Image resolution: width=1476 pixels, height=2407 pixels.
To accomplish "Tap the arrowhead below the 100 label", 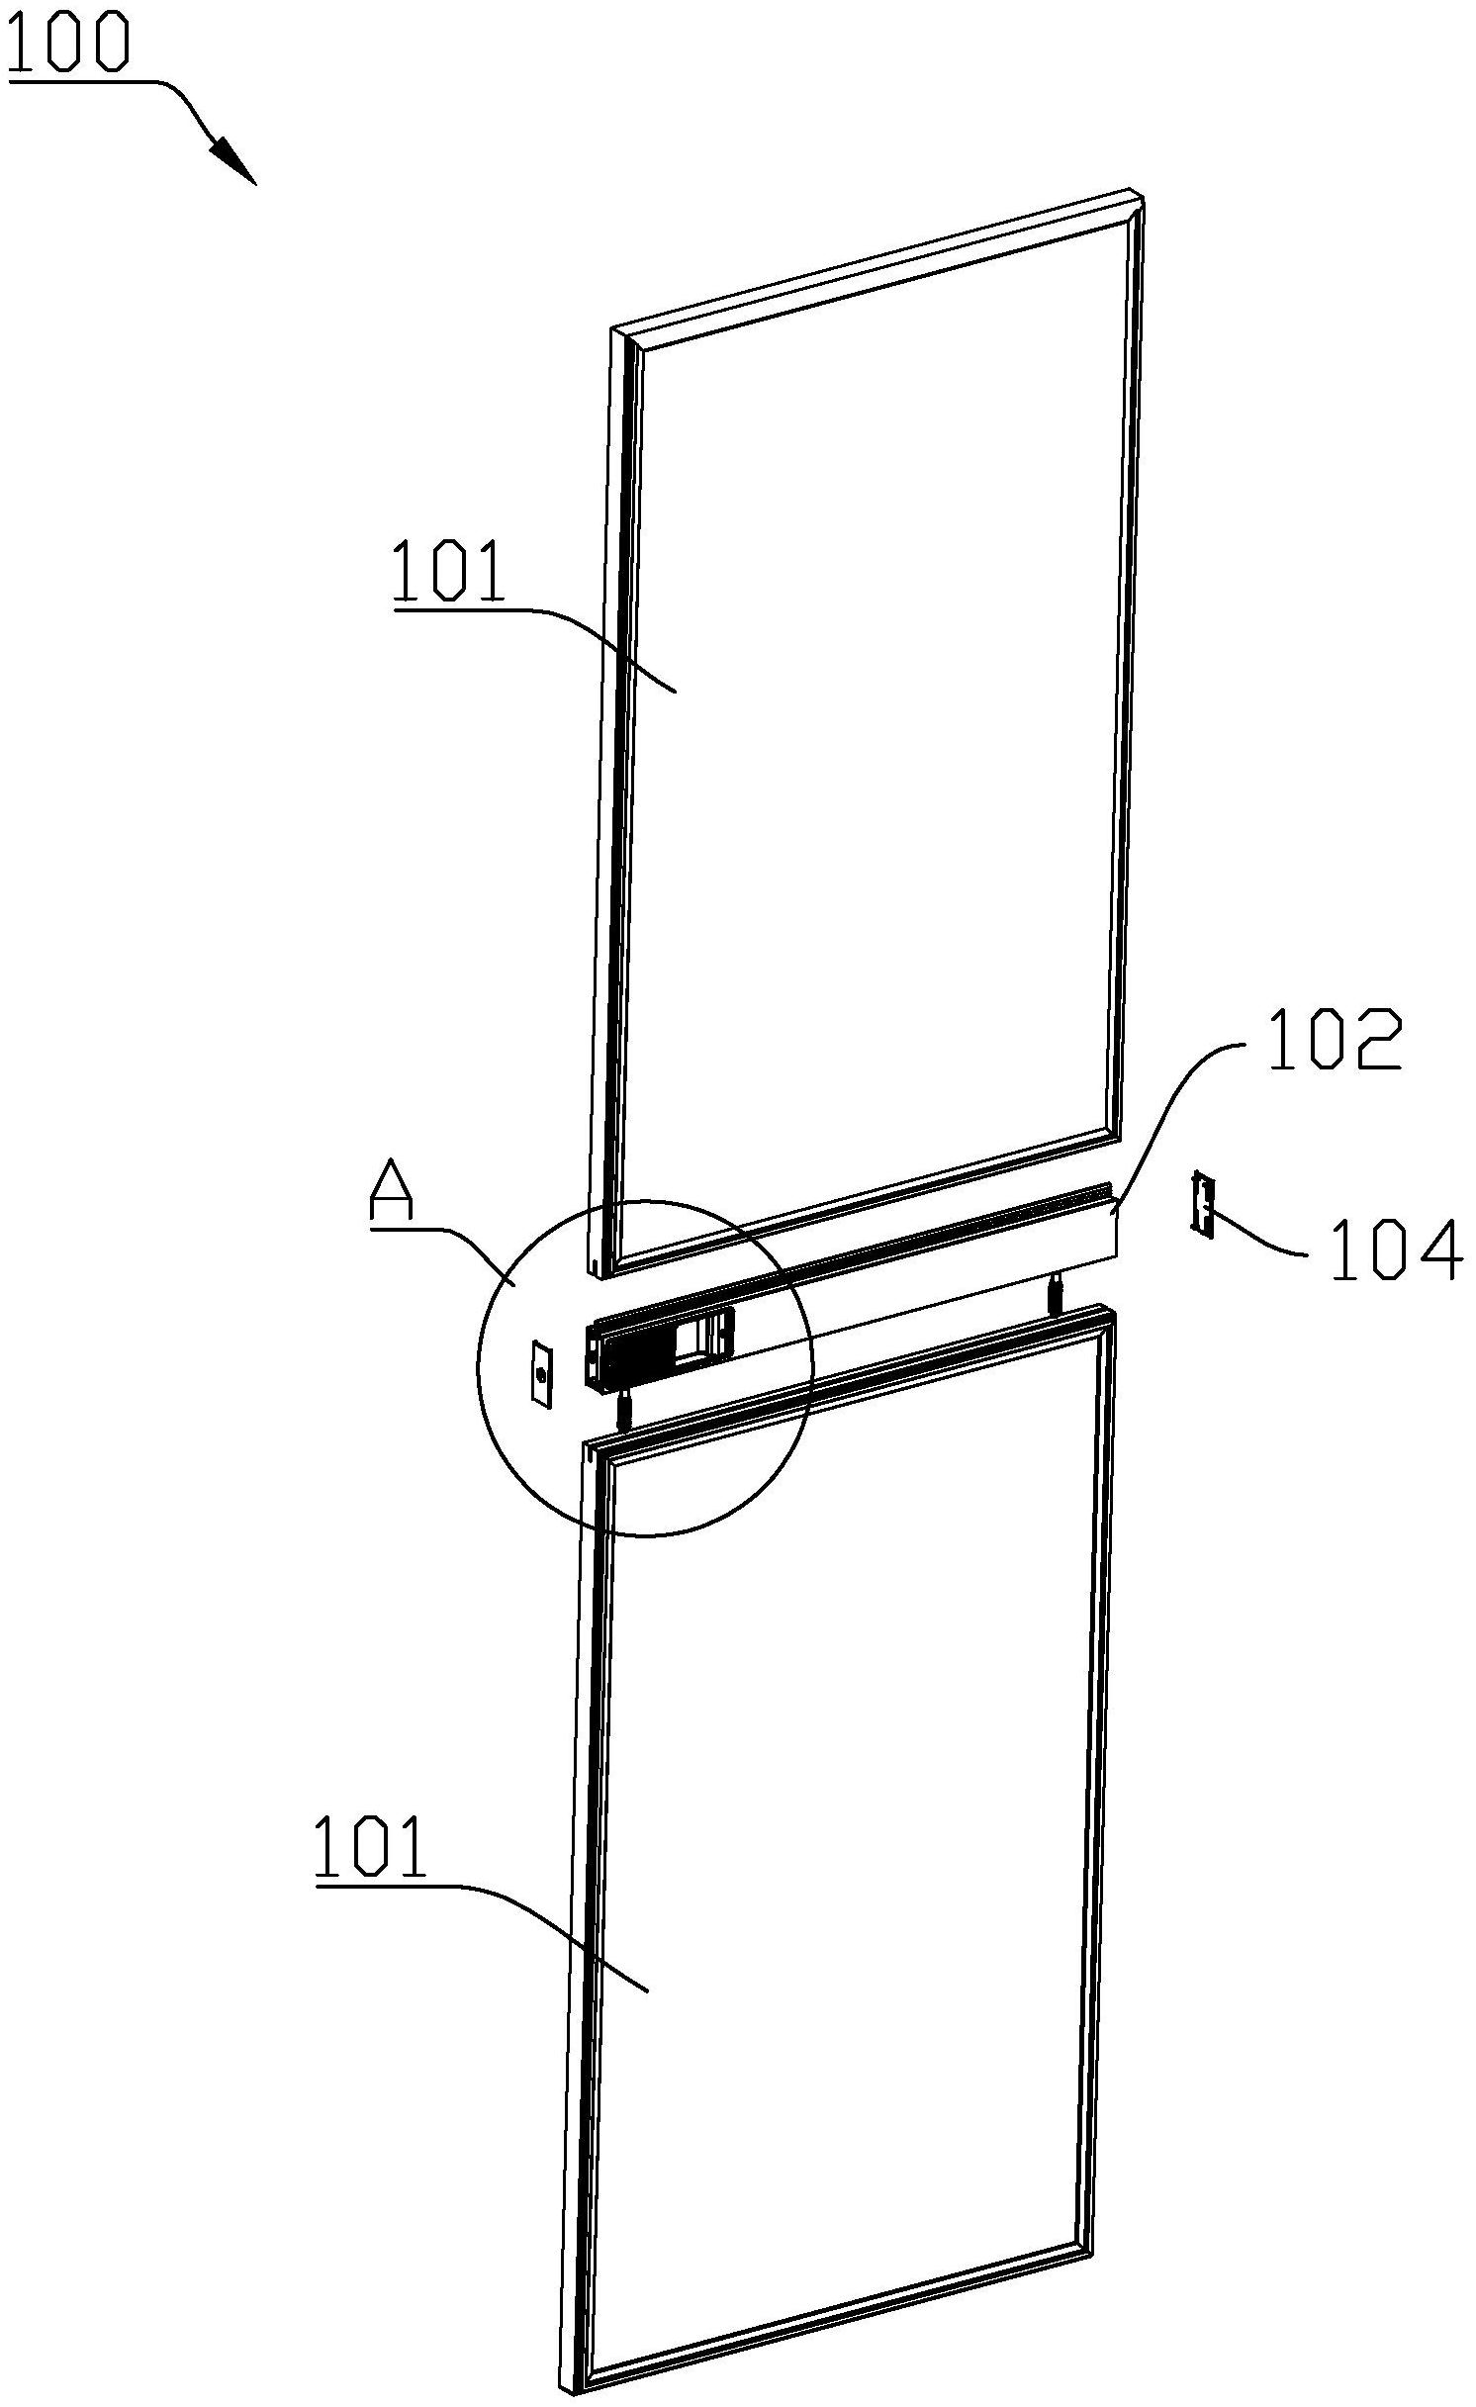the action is (233, 161).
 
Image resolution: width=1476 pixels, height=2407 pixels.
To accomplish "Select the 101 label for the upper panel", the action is (448, 571).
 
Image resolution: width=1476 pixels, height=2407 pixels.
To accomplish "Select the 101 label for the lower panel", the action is (370, 1846).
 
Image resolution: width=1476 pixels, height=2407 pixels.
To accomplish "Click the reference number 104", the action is (1396, 1251).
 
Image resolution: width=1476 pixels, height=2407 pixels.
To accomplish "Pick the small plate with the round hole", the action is (541, 1371).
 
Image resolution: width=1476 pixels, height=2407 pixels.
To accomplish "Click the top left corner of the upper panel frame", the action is (613, 328).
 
